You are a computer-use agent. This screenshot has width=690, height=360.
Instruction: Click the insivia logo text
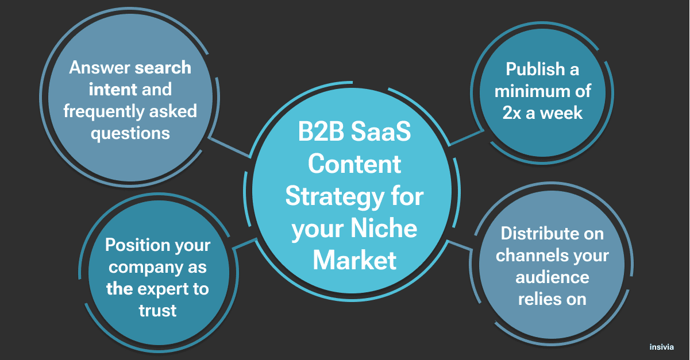coord(661,347)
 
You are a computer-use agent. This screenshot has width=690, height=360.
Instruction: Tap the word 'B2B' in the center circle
coord(321,131)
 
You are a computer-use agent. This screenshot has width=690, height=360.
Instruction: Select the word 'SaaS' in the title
coord(381,131)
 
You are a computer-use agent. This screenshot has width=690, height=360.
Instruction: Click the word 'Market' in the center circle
coord(354,260)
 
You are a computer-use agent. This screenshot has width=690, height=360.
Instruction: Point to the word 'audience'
coord(552,278)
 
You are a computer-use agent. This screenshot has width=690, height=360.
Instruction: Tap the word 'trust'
coord(158,311)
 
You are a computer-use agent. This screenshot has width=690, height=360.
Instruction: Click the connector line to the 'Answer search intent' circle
coord(230,148)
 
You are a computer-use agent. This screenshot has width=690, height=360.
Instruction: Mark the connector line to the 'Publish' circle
coord(466,137)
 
